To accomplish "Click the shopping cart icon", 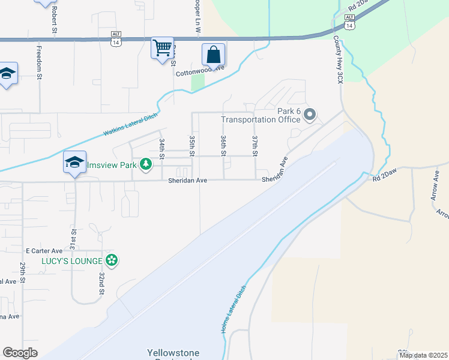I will pos(163,47).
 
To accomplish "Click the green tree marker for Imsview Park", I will pos(146,164).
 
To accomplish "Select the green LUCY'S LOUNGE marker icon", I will pos(111,260).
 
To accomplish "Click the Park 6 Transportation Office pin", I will pos(310,114).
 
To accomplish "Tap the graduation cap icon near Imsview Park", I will pos(75,162).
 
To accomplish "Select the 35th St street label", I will pos(193,146).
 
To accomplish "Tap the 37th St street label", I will pos(255,146).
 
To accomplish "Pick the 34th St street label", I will pos(161,148).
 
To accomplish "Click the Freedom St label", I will pos(40,63).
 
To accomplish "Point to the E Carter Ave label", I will pos(44,251).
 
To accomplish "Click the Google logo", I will pos(20,353).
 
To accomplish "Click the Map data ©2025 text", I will pos(423,355).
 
